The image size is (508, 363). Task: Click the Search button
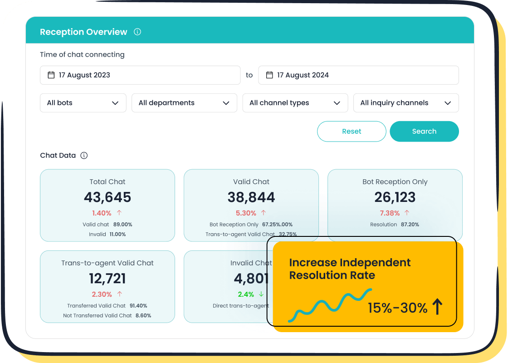(424, 131)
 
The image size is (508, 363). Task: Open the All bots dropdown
(83, 103)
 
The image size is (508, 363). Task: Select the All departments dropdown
(184, 103)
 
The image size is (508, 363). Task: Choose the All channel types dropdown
(295, 103)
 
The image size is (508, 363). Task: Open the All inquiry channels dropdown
(406, 103)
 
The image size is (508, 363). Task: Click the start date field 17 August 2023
(140, 75)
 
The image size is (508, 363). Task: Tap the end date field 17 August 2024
(358, 75)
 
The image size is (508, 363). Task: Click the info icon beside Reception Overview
(137, 32)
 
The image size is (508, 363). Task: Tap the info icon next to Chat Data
(84, 155)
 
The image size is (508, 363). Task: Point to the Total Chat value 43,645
(107, 197)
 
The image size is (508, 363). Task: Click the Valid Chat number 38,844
(251, 197)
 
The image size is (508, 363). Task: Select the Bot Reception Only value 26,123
(395, 197)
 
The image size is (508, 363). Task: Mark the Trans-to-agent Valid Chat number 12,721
(107, 279)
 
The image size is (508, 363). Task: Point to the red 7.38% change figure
(390, 213)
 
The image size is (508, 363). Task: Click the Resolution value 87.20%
(410, 225)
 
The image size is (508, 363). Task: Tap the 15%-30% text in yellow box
(397, 308)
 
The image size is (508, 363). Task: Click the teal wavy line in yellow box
(331, 304)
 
